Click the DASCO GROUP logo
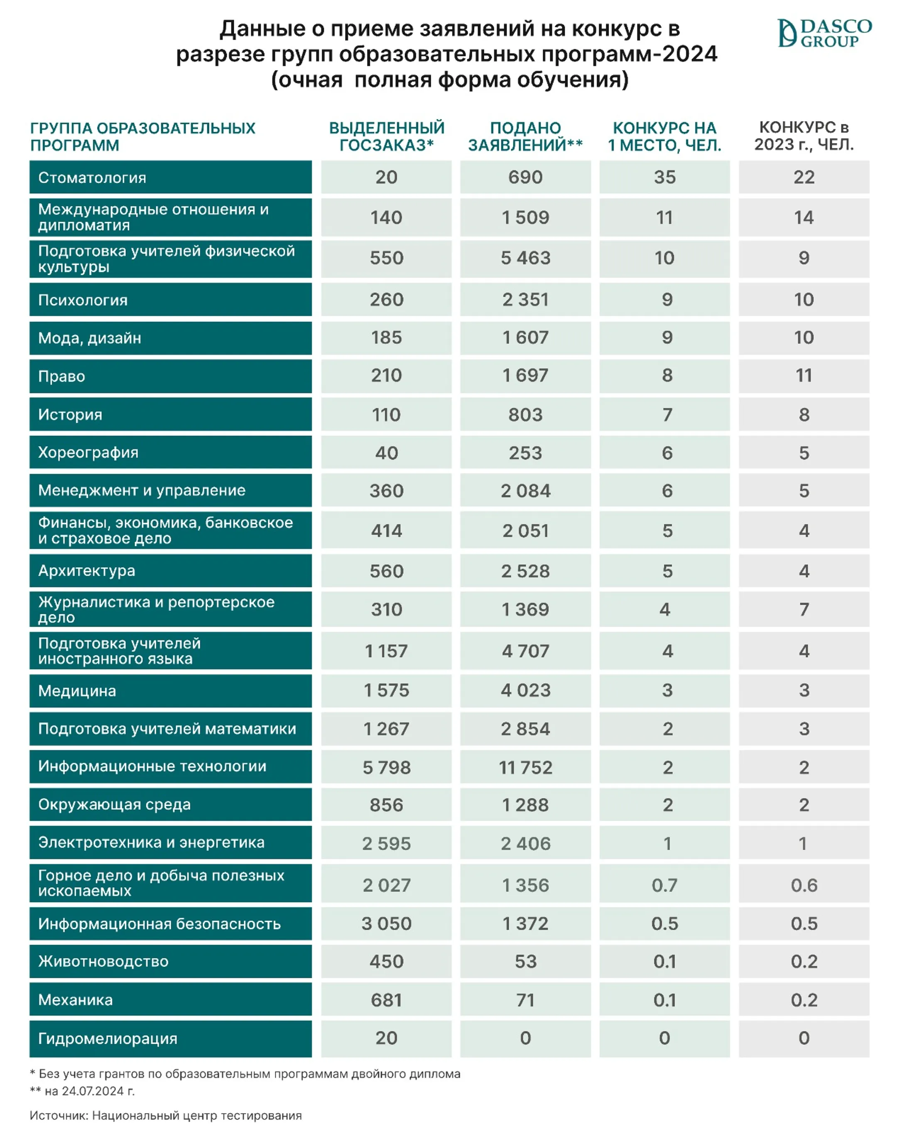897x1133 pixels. (824, 33)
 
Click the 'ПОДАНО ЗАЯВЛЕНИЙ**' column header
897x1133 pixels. (525, 137)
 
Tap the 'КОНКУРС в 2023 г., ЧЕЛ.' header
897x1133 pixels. (804, 136)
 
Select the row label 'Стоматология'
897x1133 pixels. (92, 178)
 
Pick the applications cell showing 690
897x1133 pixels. (525, 177)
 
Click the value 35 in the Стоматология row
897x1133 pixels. (664, 177)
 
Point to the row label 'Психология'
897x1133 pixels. (83, 300)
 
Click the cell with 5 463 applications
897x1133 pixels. (525, 258)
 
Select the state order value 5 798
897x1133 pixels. (386, 768)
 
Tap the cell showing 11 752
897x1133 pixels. (525, 768)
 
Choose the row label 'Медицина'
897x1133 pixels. (77, 691)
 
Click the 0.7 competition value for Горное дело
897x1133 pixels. (664, 886)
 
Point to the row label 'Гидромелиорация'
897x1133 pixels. (108, 1038)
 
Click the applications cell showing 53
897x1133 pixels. (525, 962)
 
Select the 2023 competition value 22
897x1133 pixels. (804, 177)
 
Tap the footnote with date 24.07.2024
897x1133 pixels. (83, 1091)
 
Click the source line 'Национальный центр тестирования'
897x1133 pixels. (196, 1116)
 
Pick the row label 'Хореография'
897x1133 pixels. (88, 453)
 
